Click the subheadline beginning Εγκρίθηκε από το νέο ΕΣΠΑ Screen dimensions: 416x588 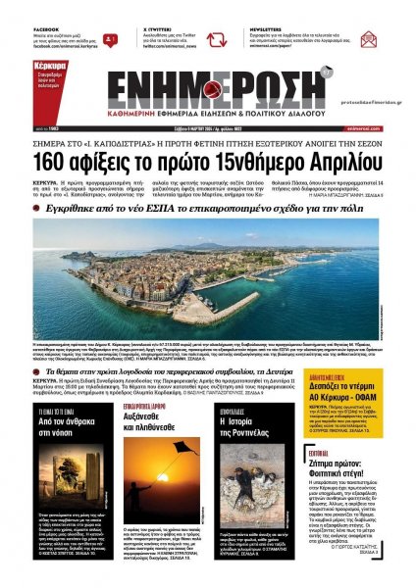[x=208, y=209]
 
